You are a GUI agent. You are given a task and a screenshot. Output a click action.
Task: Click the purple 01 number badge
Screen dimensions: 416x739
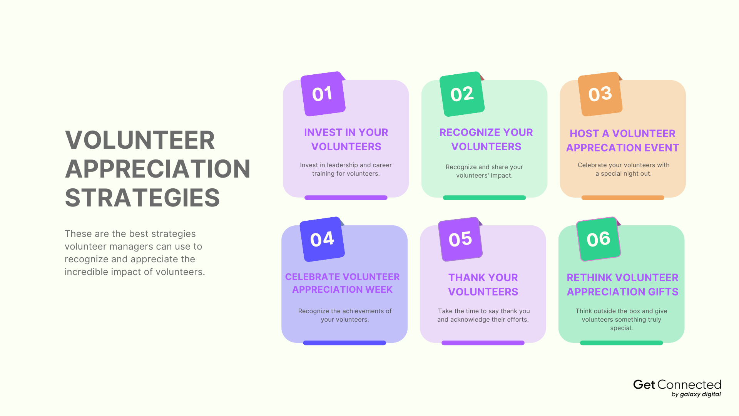click(x=323, y=94)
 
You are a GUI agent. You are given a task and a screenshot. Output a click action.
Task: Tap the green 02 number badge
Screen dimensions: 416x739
click(x=461, y=94)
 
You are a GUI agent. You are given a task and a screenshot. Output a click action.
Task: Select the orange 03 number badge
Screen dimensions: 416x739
click(x=600, y=94)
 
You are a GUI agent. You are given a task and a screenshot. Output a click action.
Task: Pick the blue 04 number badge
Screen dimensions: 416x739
click(x=322, y=239)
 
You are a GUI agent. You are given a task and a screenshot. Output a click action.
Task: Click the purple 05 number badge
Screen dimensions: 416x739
click(x=460, y=239)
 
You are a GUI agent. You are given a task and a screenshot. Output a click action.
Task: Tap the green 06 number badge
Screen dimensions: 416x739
click(x=599, y=239)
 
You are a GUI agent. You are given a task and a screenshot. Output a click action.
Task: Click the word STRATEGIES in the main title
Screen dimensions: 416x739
click(x=142, y=198)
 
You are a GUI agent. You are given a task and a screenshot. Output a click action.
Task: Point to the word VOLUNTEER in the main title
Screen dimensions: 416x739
click(x=140, y=140)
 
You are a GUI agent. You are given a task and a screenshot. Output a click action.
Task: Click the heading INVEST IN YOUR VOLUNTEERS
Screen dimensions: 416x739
click(x=346, y=139)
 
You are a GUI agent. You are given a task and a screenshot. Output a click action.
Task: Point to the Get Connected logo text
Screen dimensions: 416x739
click(x=677, y=385)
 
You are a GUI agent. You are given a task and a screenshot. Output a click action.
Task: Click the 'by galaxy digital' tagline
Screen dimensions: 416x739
click(x=696, y=394)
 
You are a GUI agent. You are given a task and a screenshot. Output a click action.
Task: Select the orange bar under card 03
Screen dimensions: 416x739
click(x=622, y=198)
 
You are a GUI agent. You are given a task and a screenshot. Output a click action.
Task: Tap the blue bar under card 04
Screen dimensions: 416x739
click(x=344, y=343)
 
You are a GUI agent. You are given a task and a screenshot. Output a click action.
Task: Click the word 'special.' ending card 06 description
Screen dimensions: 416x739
click(x=621, y=328)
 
